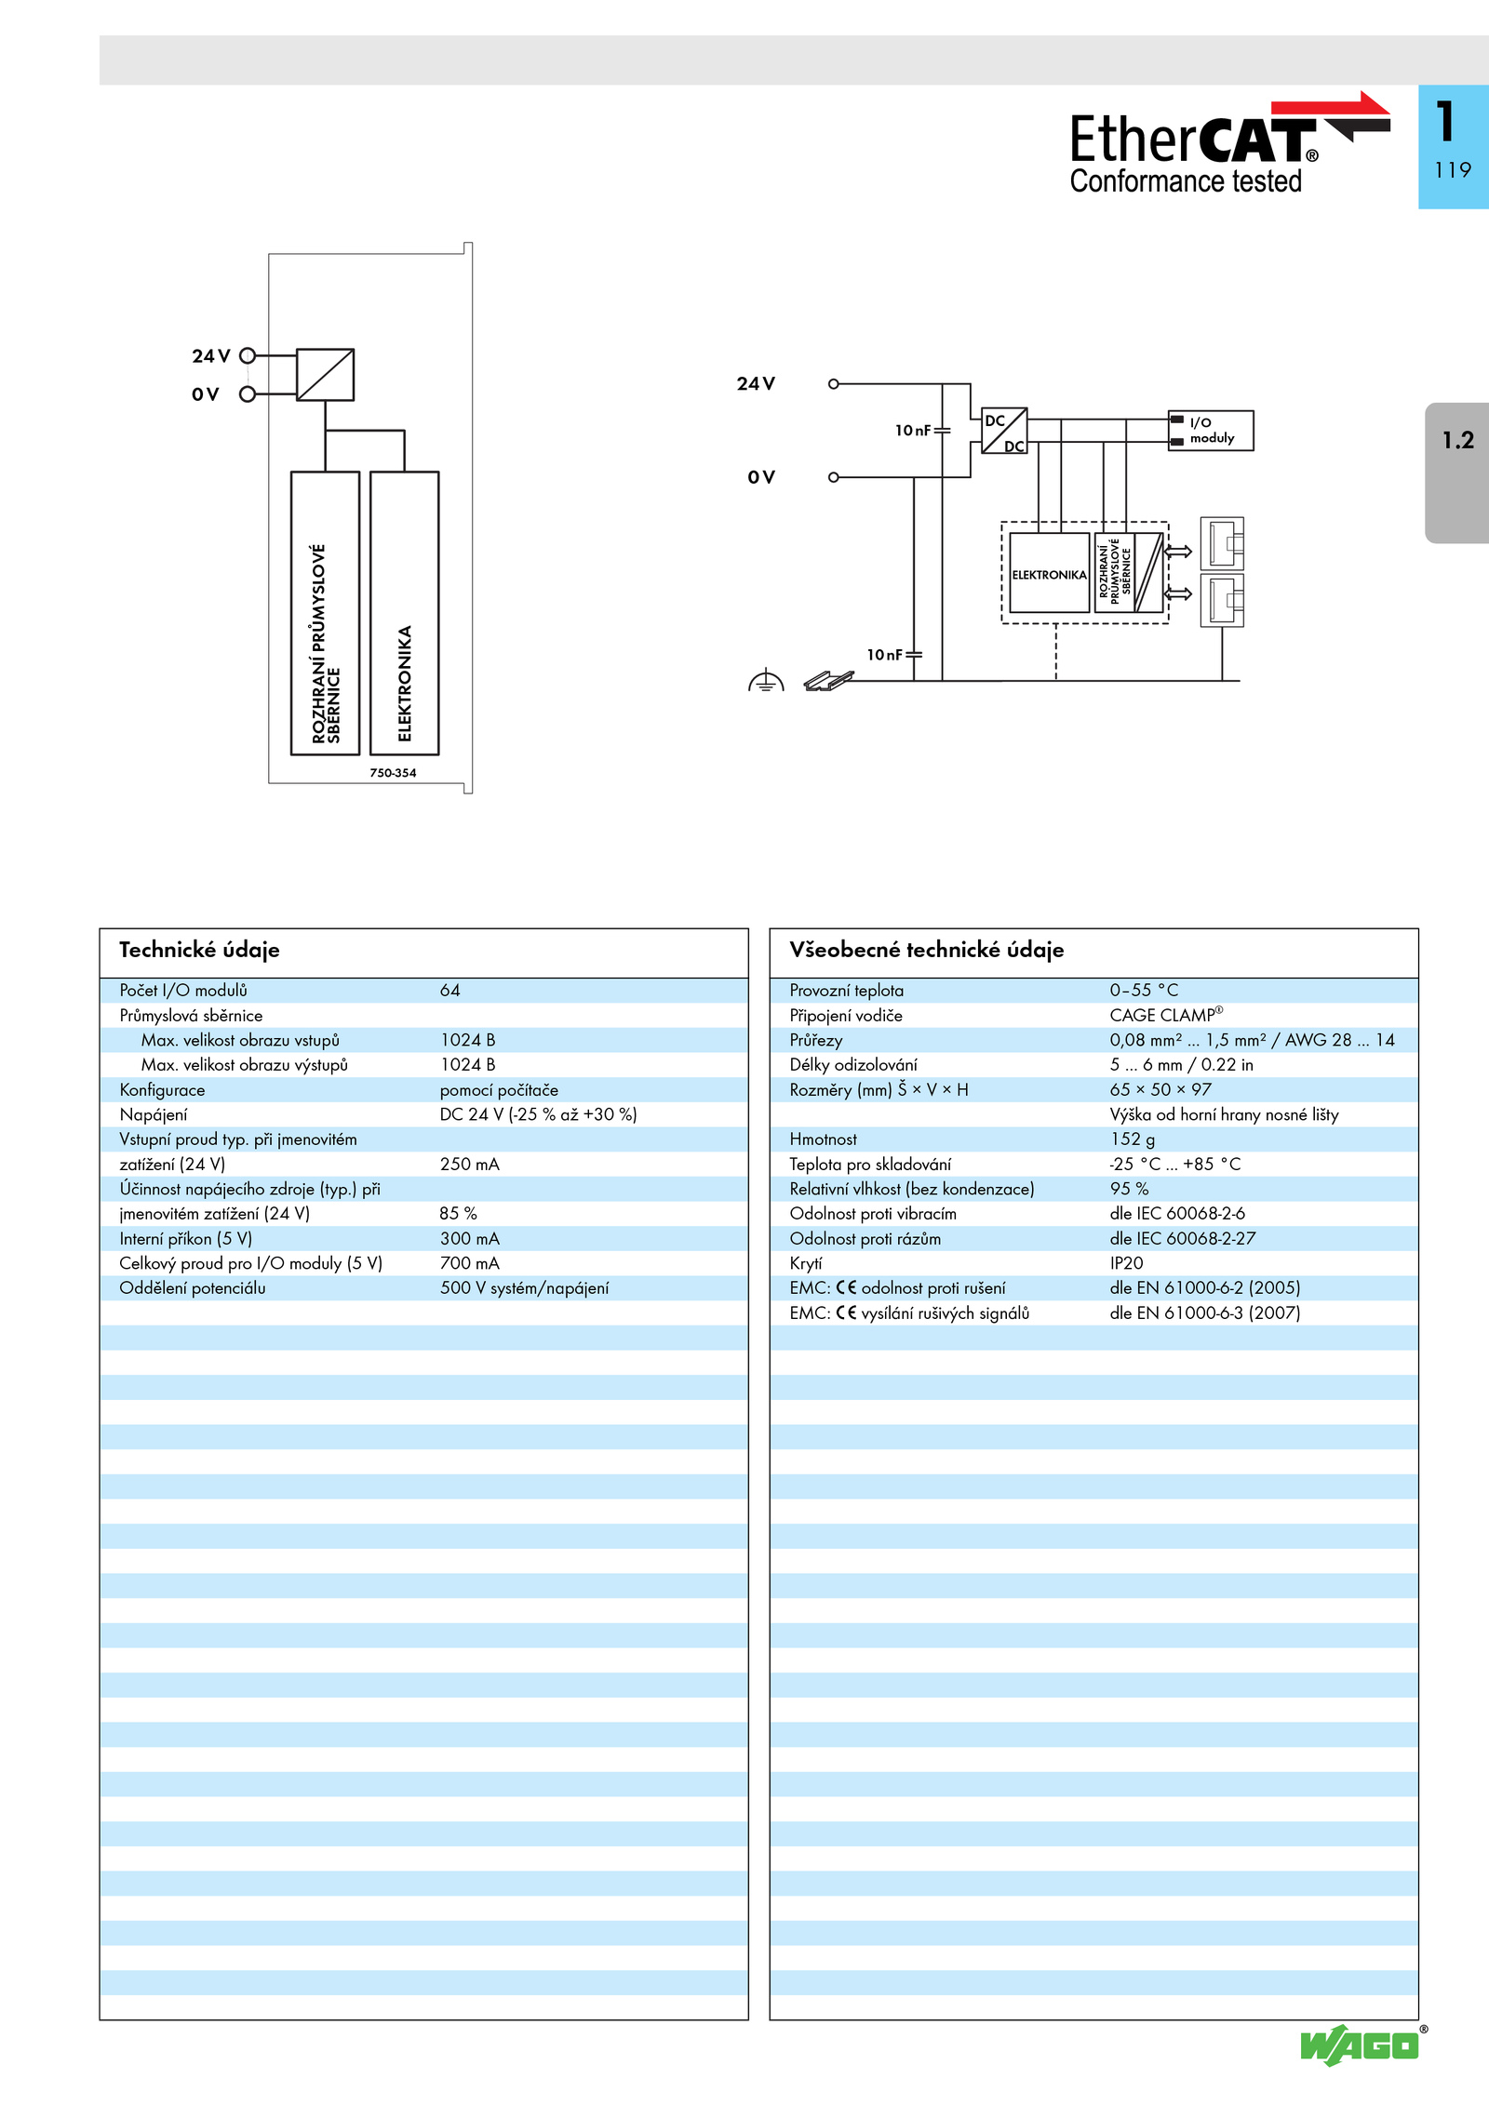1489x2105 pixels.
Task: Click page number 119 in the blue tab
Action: point(1453,170)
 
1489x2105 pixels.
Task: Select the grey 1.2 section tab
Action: point(1457,472)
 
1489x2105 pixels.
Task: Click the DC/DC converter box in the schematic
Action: point(1004,431)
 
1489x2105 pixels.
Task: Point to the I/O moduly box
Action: point(1211,431)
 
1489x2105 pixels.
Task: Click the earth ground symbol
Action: point(766,681)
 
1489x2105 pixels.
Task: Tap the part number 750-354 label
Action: point(393,773)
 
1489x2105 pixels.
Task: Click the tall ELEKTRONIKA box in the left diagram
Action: point(404,613)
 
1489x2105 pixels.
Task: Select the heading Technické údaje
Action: point(199,950)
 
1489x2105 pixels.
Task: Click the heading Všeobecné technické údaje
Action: point(926,950)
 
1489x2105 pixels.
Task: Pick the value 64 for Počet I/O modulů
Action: point(450,991)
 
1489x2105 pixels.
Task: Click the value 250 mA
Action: point(470,1165)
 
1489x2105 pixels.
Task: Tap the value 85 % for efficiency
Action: point(459,1214)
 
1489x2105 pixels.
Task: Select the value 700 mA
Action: point(470,1263)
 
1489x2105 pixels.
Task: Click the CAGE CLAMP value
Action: point(1166,1015)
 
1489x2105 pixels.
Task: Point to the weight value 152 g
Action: point(1133,1139)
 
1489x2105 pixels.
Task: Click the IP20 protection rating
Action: point(1126,1263)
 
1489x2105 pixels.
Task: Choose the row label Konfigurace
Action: point(162,1090)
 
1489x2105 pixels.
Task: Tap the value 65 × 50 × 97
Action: point(1160,1090)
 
